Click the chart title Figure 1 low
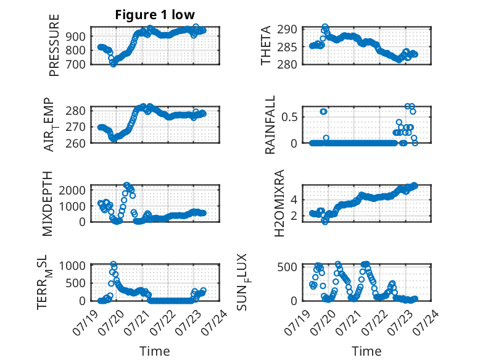(x=155, y=15)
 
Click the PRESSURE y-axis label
(x=54, y=45)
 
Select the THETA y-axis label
(x=266, y=45)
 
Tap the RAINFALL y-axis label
(x=270, y=125)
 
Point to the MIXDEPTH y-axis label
(x=48, y=204)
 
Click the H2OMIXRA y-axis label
(x=279, y=203)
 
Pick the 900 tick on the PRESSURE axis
(x=75, y=36)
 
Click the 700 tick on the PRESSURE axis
(x=75, y=65)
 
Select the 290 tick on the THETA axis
(x=287, y=30)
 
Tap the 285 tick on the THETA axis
(x=287, y=47)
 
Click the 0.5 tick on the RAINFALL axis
(x=289, y=117)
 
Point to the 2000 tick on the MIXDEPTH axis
(x=72, y=190)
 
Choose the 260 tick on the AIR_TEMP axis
(x=75, y=143)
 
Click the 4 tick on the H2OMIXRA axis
(x=294, y=200)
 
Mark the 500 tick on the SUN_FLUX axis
(x=287, y=267)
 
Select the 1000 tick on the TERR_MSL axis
(x=72, y=266)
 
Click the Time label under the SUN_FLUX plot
(x=366, y=351)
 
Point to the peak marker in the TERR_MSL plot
(x=114, y=264)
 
